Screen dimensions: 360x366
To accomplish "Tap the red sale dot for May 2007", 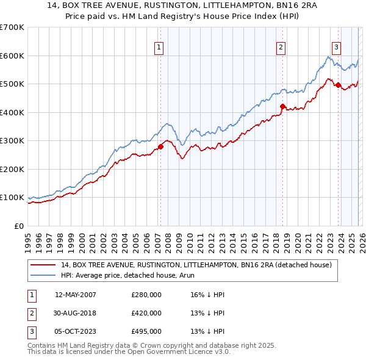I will coord(160,146).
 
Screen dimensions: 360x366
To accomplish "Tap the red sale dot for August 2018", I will coord(282,107).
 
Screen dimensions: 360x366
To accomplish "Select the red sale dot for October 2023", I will coord(338,85).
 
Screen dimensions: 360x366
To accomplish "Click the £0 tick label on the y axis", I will coord(18,226).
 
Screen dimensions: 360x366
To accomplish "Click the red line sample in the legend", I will coord(43,265).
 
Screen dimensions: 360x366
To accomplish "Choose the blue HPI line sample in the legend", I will coord(43,275).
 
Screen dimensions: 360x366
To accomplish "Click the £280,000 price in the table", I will coord(146,295).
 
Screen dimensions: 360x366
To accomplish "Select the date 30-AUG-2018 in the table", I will coord(76,313).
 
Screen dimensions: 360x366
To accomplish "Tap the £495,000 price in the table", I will coord(146,331).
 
